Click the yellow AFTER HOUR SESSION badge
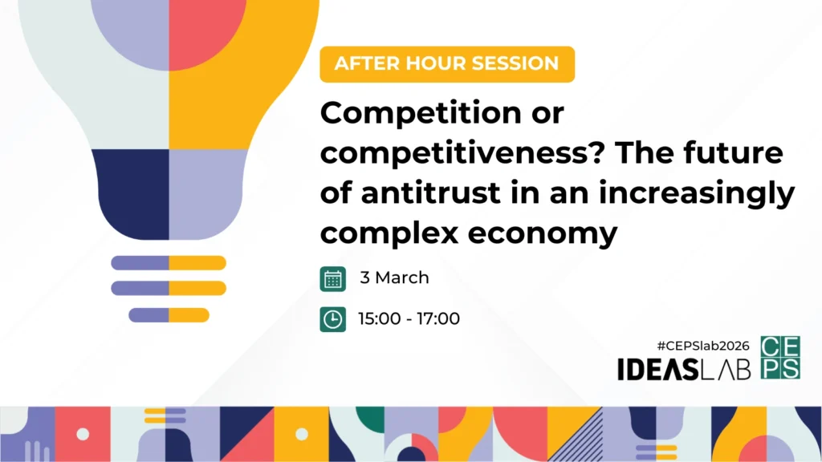click(x=447, y=64)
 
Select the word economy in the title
click(x=542, y=233)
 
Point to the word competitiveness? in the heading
click(x=463, y=153)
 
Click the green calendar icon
click(x=333, y=278)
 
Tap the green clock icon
click(x=333, y=319)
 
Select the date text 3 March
click(x=394, y=278)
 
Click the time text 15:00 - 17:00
click(x=409, y=318)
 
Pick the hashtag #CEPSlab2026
click(x=703, y=346)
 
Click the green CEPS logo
click(x=780, y=357)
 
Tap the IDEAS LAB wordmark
click(x=684, y=369)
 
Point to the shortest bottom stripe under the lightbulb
click(x=169, y=314)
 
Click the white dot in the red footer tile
click(x=83, y=434)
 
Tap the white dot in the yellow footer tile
click(x=302, y=434)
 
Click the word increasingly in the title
click(x=697, y=194)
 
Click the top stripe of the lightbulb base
click(x=169, y=262)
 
